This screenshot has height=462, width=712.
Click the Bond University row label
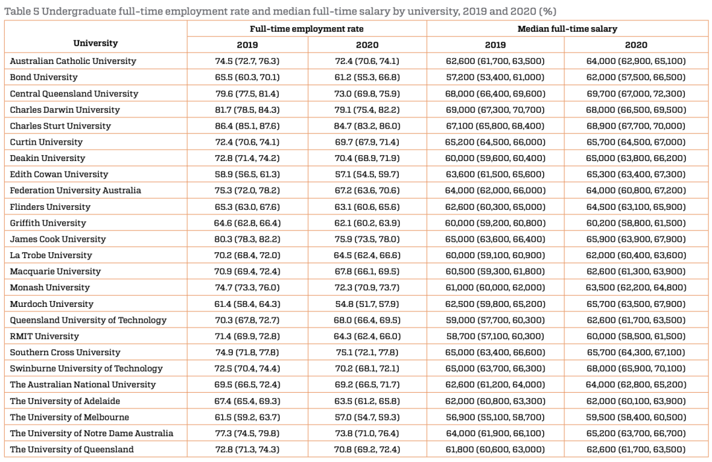point(44,77)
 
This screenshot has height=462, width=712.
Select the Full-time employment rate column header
point(307,29)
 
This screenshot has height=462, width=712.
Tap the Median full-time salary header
point(567,29)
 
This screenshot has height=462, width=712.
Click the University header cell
point(96,44)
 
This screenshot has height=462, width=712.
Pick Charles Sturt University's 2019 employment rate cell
point(247,125)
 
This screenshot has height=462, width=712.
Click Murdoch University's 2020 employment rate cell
point(367,304)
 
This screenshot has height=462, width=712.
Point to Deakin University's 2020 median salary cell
point(636,158)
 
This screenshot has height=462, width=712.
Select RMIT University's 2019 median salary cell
point(495,336)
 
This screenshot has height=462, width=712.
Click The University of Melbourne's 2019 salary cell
point(495,417)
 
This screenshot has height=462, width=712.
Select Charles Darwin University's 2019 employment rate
point(247,110)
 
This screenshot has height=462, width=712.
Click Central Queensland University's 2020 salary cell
point(636,94)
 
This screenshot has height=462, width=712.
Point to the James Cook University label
point(57,239)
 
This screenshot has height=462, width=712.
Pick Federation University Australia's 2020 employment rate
point(367,190)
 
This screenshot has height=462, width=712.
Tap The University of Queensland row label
point(72,449)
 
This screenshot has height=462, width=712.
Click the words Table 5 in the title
point(21,10)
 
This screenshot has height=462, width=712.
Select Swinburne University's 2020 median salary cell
point(636,368)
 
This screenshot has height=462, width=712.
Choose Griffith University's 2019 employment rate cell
point(247,223)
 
